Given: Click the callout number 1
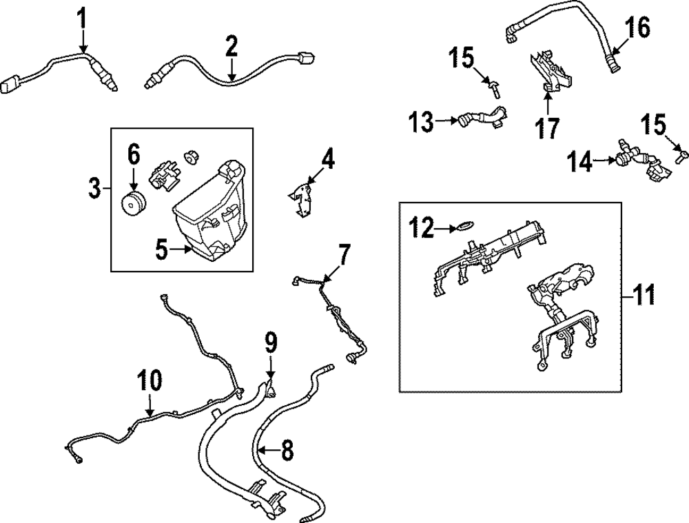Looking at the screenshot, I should tap(82, 18).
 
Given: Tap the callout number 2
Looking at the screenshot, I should tap(232, 47).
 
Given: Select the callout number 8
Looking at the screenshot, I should tap(287, 451).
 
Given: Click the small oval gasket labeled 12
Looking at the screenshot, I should tap(466, 225).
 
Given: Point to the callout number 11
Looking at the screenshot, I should tap(645, 296).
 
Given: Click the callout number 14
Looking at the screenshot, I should tap(580, 162).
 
